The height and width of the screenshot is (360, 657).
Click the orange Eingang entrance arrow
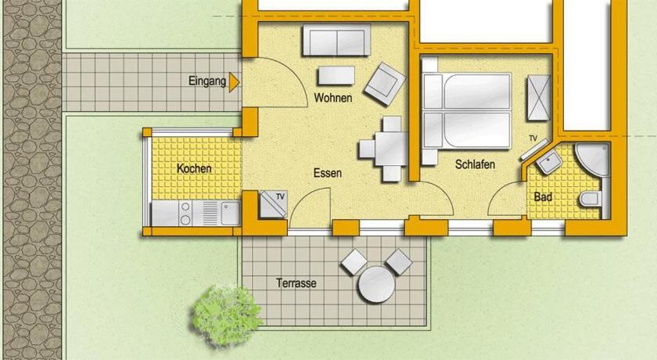234,81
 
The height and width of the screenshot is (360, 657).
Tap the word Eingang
207,81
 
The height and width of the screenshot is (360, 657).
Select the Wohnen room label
333,98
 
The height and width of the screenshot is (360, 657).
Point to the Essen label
328,173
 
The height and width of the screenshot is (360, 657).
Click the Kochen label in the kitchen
194,168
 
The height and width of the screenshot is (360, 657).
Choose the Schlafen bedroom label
476,164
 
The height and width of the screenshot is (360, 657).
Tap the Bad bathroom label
543,196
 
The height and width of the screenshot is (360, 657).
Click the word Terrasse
296,283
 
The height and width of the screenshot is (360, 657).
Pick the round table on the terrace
376,284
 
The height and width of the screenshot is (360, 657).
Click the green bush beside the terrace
225,315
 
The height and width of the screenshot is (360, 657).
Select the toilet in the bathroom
591,199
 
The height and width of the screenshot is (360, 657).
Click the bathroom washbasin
550,161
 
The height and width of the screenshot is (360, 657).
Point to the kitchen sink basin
230,213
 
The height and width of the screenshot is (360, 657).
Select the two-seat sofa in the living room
336,40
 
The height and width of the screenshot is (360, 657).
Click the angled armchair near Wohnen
385,85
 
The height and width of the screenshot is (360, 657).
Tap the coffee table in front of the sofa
336,76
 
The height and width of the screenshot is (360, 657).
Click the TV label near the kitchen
280,196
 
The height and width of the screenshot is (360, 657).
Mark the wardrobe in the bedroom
538,98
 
